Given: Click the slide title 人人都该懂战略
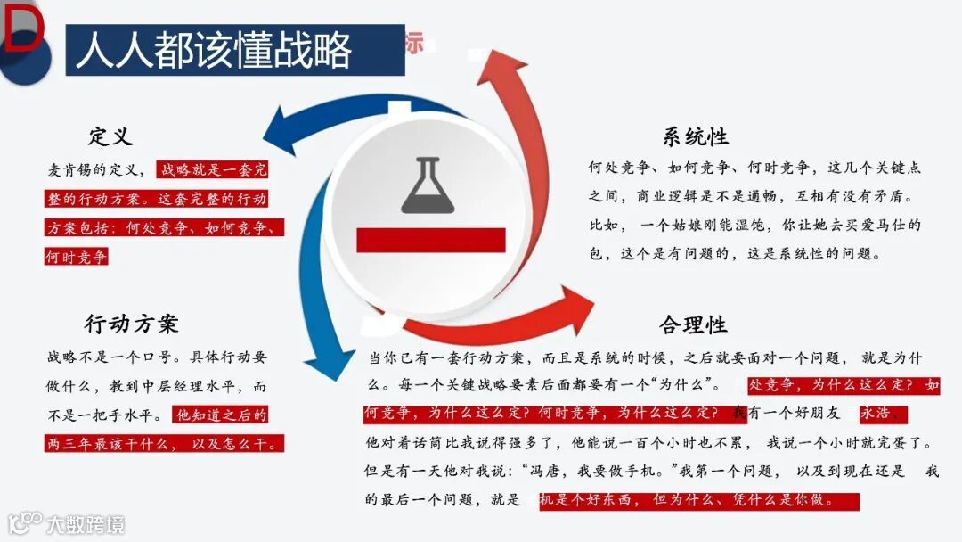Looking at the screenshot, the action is pyautogui.click(x=214, y=50).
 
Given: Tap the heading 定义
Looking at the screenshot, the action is pyautogui.click(x=110, y=136).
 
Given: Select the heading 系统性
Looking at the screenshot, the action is pyautogui.click(x=696, y=136).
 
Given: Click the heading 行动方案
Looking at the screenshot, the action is pyautogui.click(x=132, y=323).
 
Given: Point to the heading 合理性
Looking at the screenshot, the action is pyautogui.click(x=693, y=324).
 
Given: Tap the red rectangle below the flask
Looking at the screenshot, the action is pyautogui.click(x=430, y=240).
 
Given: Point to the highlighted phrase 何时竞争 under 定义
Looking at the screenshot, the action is pyautogui.click(x=77, y=257).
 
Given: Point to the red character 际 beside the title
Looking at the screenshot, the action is pyautogui.click(x=414, y=42).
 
